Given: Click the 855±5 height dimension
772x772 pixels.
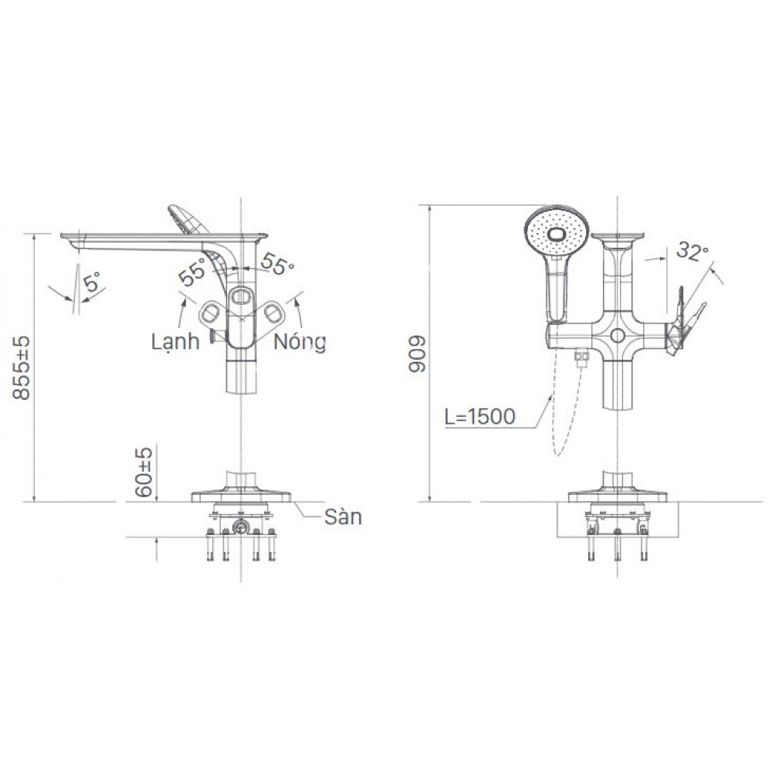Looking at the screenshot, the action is (x=22, y=367).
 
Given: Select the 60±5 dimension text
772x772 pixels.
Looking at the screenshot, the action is (x=144, y=472).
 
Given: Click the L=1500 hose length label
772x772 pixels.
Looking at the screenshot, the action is (x=479, y=417).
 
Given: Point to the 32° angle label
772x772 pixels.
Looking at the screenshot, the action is (x=692, y=251).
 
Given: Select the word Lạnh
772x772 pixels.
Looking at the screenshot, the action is (x=175, y=342).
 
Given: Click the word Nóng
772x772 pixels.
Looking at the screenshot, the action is (x=300, y=342).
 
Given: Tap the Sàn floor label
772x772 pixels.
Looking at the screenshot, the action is (x=344, y=517).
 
